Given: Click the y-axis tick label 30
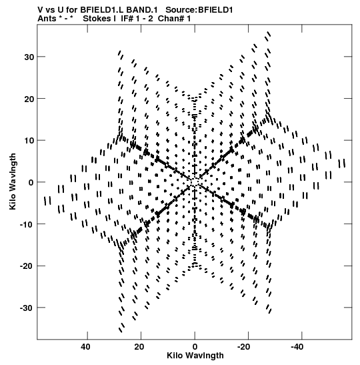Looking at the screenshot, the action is pyautogui.click(x=29, y=57).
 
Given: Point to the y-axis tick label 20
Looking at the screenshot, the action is pyautogui.click(x=29, y=99).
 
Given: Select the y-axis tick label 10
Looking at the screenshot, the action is pyautogui.click(x=29, y=141).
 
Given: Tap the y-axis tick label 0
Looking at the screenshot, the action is pyautogui.click(x=31, y=183).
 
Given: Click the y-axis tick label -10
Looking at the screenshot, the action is pyautogui.click(x=27, y=224).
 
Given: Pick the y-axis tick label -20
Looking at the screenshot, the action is pyautogui.click(x=27, y=266).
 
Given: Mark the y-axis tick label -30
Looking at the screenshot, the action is pyautogui.click(x=27, y=308).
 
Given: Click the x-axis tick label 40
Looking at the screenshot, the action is pyautogui.click(x=85, y=347).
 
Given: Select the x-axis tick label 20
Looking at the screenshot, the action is pyautogui.click(x=139, y=347).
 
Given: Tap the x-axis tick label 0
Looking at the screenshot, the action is pyautogui.click(x=195, y=347).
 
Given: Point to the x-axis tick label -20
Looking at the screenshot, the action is pyautogui.click(x=247, y=347).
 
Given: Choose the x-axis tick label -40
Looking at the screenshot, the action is pyautogui.click(x=300, y=347).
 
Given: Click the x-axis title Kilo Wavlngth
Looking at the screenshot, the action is pyautogui.click(x=195, y=356).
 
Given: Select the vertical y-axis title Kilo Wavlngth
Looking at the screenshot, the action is pyautogui.click(x=13, y=181).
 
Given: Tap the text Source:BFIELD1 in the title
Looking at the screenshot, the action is pyautogui.click(x=199, y=10).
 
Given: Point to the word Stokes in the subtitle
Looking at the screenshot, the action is pyautogui.click(x=97, y=19).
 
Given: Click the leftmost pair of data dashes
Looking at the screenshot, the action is pyautogui.click(x=48, y=201).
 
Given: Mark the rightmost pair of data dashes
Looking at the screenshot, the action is pyautogui.click(x=342, y=163).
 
